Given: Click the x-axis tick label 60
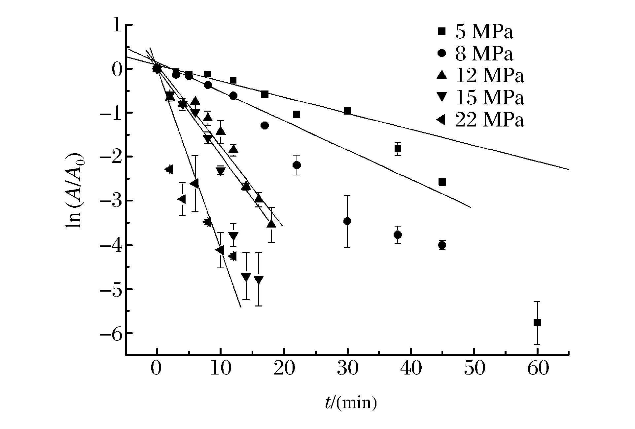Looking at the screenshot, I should point(538,369).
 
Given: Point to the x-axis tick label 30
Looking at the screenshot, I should point(347,369).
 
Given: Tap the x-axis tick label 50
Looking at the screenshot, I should point(474,369).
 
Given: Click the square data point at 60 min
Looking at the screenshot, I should point(537,323).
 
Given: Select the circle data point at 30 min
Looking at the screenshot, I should point(347,221).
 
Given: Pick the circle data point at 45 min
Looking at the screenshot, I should point(442,245).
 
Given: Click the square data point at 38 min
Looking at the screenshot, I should point(398,149).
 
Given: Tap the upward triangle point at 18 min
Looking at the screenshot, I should point(271,224).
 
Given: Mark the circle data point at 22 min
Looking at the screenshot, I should point(297,165).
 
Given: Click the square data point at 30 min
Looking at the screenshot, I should point(347,111).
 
